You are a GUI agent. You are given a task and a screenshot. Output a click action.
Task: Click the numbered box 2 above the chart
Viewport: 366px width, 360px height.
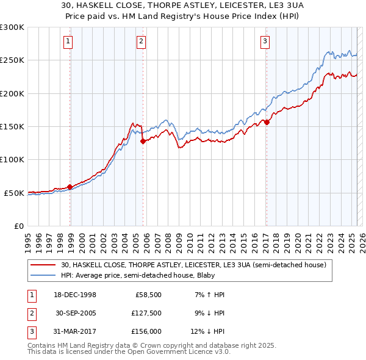tap(141, 41)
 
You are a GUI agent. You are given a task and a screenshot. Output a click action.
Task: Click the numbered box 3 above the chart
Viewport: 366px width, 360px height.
tap(266, 41)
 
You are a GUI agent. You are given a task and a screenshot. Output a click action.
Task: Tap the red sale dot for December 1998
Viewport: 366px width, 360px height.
tap(70, 187)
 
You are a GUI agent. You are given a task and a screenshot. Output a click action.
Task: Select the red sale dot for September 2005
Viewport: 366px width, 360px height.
tap(143, 141)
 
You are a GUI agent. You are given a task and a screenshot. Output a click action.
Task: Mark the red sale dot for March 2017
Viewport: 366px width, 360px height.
tap(267, 122)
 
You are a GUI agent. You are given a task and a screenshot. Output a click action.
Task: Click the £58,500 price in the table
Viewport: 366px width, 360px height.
tap(148, 294)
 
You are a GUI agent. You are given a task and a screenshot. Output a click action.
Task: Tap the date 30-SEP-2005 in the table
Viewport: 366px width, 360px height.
tap(76, 313)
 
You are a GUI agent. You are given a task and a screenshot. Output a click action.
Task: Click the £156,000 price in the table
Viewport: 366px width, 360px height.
tap(146, 332)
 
